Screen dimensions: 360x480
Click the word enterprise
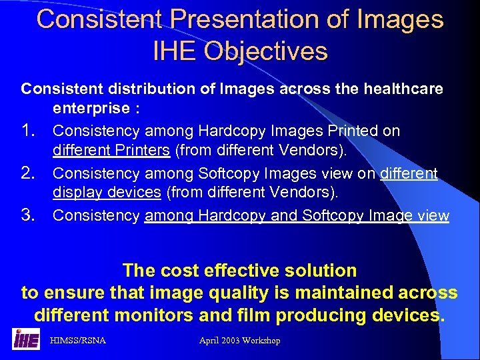pyautogui.click(x=93, y=108)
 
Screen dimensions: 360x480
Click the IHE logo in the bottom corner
pyautogui.click(x=26, y=339)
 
